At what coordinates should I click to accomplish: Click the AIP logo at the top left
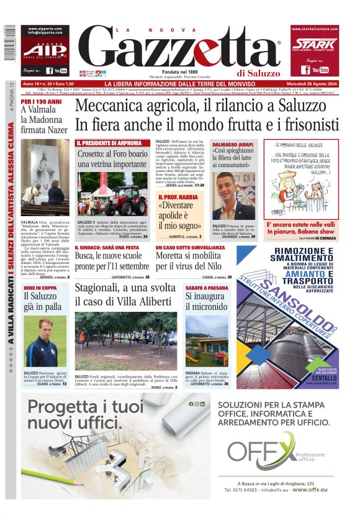point(44,51)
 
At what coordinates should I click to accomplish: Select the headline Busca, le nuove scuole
point(112,255)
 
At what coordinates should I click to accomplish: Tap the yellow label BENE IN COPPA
point(40,289)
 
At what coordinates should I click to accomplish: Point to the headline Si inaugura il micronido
point(207,301)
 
